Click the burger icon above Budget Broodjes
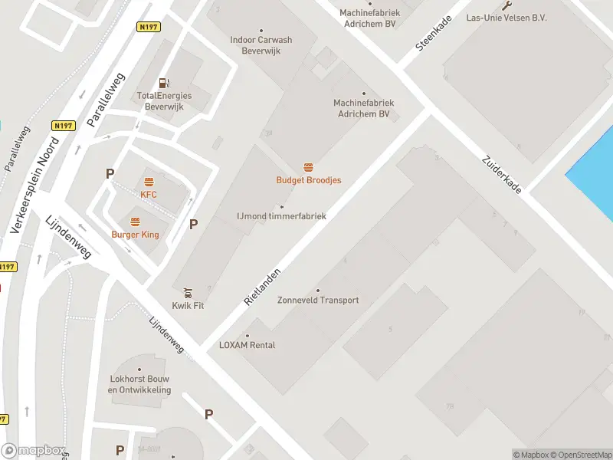(309, 168)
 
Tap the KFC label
(149, 195)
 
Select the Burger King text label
(135, 234)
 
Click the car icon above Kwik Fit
(188, 292)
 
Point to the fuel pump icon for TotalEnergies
(163, 83)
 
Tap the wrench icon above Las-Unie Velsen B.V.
(506, 5)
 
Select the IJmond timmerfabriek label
(281, 216)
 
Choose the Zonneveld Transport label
(318, 300)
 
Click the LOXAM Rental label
(247, 344)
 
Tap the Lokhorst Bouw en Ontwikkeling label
(139, 385)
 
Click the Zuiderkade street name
(502, 175)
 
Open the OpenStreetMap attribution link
(580, 455)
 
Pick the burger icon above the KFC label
(149, 182)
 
